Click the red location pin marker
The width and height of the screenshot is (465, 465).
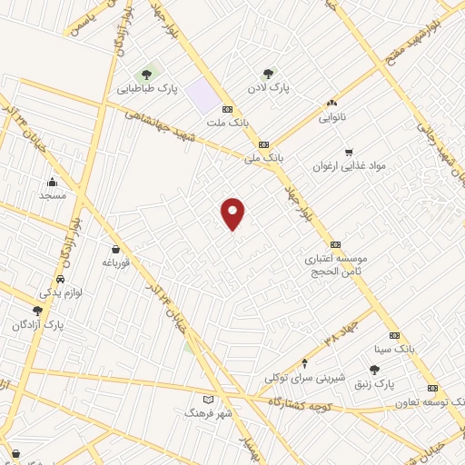233,213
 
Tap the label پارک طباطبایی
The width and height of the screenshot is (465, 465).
146,90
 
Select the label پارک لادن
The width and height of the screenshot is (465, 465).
268,88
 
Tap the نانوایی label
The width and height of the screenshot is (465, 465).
331,117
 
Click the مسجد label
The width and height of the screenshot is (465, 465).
53,195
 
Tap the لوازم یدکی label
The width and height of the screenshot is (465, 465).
61,292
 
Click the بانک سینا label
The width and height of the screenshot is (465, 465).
393,349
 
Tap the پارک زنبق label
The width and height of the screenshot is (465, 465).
375,384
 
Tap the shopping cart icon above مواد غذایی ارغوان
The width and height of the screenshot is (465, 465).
349,153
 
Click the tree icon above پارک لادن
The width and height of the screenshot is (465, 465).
268,74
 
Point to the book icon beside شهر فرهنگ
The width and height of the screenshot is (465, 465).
209,399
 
